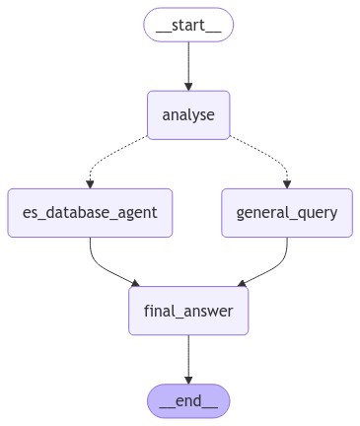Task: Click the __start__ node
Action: tap(188, 25)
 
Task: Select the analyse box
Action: tap(188, 114)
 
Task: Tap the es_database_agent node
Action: tap(90, 212)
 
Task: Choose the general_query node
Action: tap(287, 212)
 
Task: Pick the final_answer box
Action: tap(188, 311)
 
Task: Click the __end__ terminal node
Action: tap(188, 400)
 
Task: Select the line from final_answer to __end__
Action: tap(188, 355)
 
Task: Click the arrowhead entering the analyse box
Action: tap(188, 86)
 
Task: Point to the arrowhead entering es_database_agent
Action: tap(90, 183)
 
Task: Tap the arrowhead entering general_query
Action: tap(287, 183)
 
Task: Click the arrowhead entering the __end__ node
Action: tap(188, 380)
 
